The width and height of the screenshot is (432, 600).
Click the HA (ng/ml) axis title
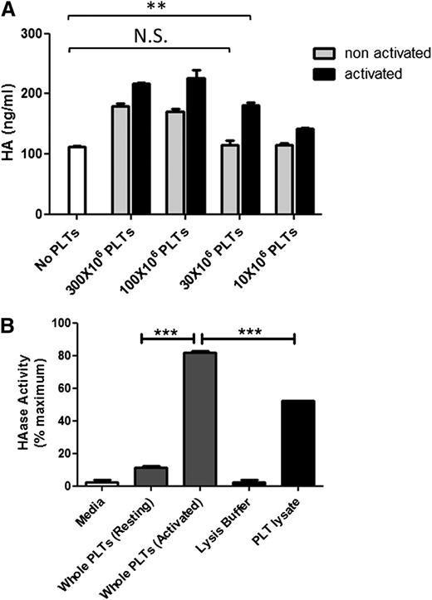pyautogui.click(x=13, y=124)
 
